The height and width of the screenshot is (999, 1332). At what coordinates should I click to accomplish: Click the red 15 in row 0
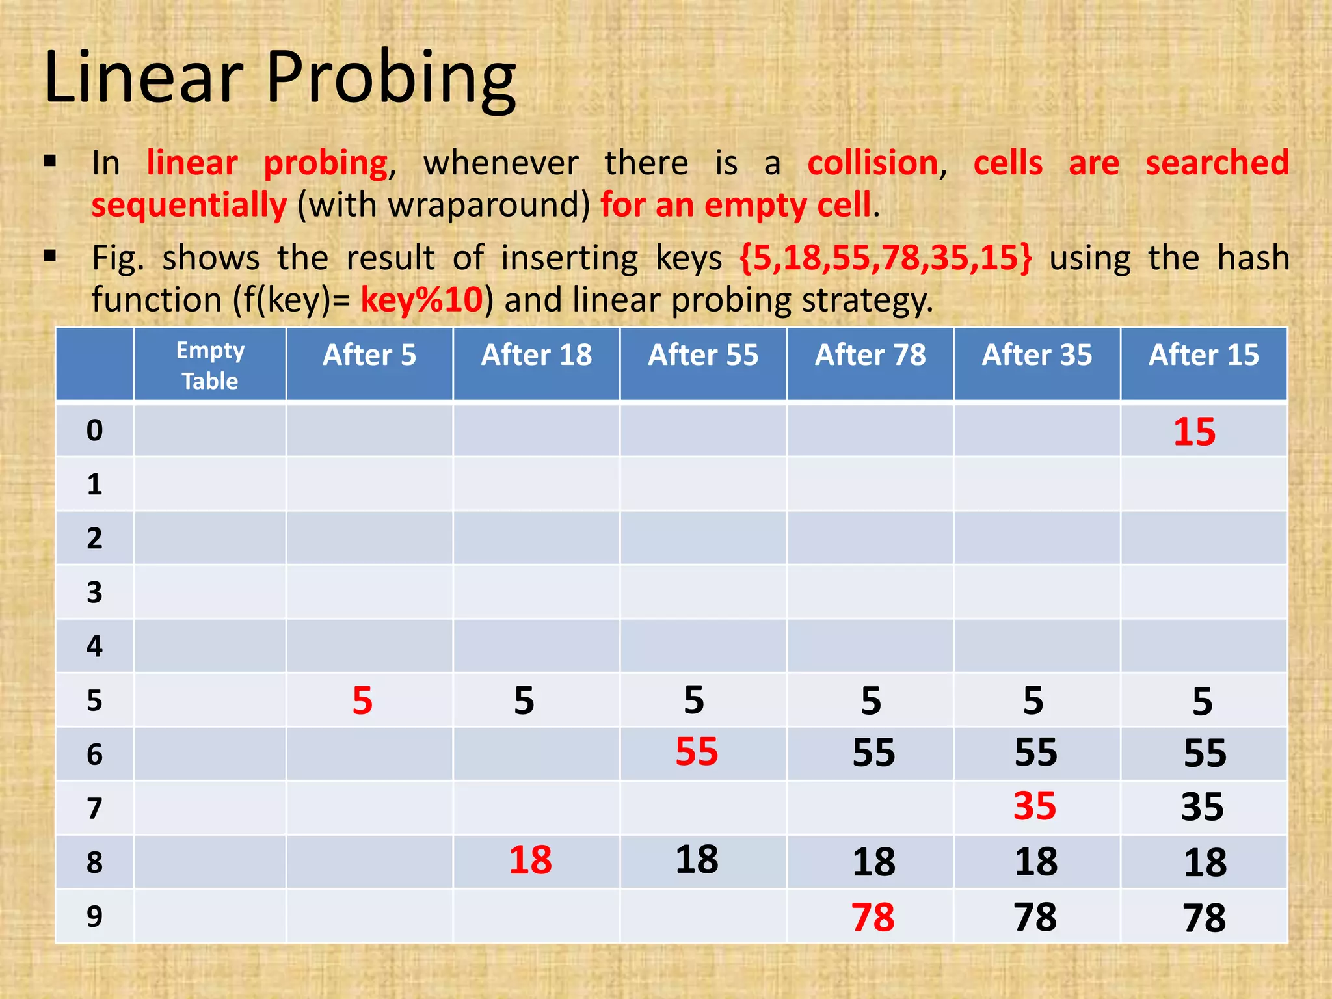tap(1194, 432)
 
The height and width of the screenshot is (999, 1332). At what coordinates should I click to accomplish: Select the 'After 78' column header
tap(870, 356)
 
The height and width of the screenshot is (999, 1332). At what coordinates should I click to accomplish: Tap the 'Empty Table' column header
tap(210, 366)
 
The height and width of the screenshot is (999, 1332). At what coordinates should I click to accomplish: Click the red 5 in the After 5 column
tap(362, 701)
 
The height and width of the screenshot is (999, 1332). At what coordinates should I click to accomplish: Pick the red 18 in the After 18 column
tap(530, 860)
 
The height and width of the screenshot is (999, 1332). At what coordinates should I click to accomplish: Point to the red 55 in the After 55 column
tap(697, 752)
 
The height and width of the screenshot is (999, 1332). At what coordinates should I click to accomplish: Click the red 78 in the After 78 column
tap(873, 917)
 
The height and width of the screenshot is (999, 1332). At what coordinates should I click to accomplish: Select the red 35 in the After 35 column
tap(1035, 806)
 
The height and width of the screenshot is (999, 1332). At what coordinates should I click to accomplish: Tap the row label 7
tap(94, 808)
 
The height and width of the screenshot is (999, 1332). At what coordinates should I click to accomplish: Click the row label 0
tap(94, 431)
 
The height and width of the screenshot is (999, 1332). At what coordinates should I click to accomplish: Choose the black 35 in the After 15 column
tap(1203, 807)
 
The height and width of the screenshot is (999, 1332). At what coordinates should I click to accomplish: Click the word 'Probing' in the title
tap(391, 78)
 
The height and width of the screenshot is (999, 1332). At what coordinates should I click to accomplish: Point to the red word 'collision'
tap(872, 163)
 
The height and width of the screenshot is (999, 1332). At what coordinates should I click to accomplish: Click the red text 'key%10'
tap(422, 300)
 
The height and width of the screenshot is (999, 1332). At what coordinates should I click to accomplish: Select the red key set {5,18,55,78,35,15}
tap(886, 258)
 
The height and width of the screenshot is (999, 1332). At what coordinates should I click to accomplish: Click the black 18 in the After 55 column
tap(697, 859)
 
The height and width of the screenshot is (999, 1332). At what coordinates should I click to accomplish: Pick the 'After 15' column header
tap(1204, 356)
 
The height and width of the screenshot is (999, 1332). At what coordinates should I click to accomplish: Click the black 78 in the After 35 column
tap(1035, 917)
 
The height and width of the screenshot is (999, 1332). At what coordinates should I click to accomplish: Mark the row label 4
tap(94, 646)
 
